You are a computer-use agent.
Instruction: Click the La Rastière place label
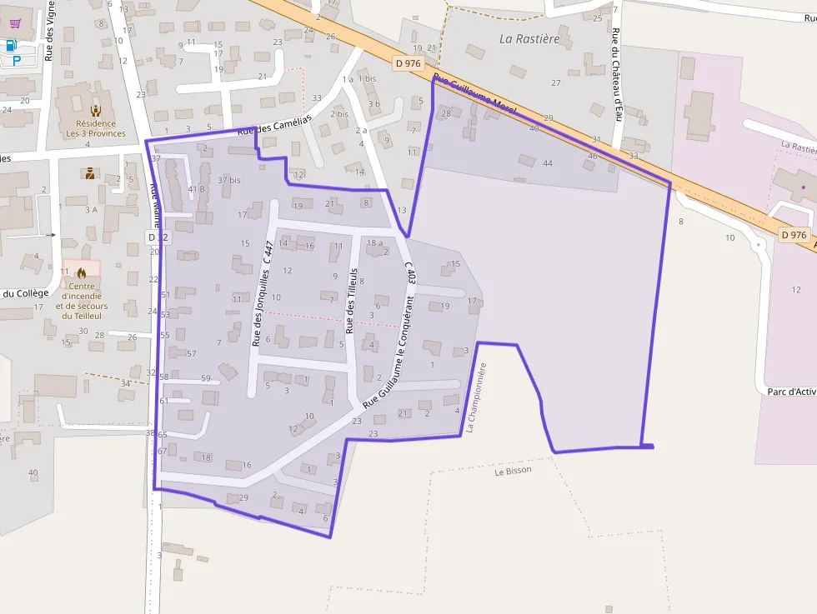tap(529, 38)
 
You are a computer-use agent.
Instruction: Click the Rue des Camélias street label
tap(274, 125)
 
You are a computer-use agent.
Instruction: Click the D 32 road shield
tap(158, 237)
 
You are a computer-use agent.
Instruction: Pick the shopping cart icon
tap(15, 23)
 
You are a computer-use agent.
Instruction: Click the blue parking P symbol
tap(16, 60)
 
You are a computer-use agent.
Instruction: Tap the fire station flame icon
tap(81, 272)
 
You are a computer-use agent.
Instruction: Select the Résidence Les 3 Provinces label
tap(96, 128)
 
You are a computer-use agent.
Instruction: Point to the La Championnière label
tap(476, 397)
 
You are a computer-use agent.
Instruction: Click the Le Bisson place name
tap(513, 471)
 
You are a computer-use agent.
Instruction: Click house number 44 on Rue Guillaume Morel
tap(548, 163)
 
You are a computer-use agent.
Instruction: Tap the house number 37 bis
tap(228, 180)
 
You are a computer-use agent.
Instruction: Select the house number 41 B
tap(197, 189)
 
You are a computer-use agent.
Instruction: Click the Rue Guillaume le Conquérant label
tap(388, 364)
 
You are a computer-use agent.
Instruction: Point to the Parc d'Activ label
tap(790, 391)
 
